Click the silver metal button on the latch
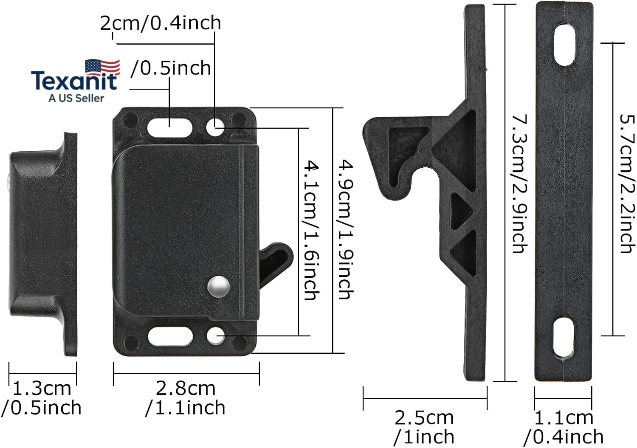[218, 287]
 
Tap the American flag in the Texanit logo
[103, 67]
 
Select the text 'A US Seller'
[76, 98]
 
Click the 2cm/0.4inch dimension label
[161, 23]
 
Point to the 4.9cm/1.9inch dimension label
[346, 229]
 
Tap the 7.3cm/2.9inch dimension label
[520, 183]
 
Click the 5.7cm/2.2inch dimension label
[627, 183]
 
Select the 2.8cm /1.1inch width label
[186, 398]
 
